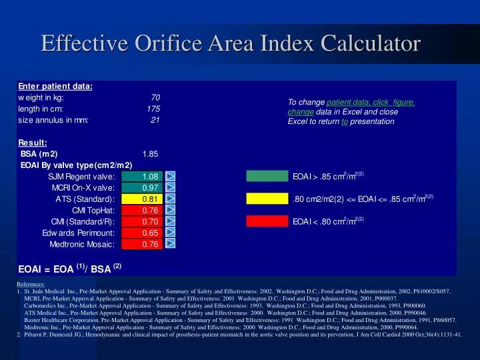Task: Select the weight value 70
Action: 155,97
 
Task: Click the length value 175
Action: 153,109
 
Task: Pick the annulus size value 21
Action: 155,120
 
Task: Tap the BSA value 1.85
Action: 150,153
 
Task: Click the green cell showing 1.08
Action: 149,177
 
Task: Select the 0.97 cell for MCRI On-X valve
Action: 149,188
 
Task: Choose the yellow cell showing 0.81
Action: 149,199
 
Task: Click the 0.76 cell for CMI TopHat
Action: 149,211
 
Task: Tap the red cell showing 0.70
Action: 149,222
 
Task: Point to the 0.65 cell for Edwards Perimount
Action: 149,233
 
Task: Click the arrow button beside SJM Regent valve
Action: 171,177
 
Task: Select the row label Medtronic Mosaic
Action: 82,245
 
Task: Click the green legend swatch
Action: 266,177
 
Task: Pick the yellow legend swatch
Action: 266,199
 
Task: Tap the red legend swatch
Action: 266,221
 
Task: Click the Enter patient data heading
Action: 55,86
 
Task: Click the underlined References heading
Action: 31,284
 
